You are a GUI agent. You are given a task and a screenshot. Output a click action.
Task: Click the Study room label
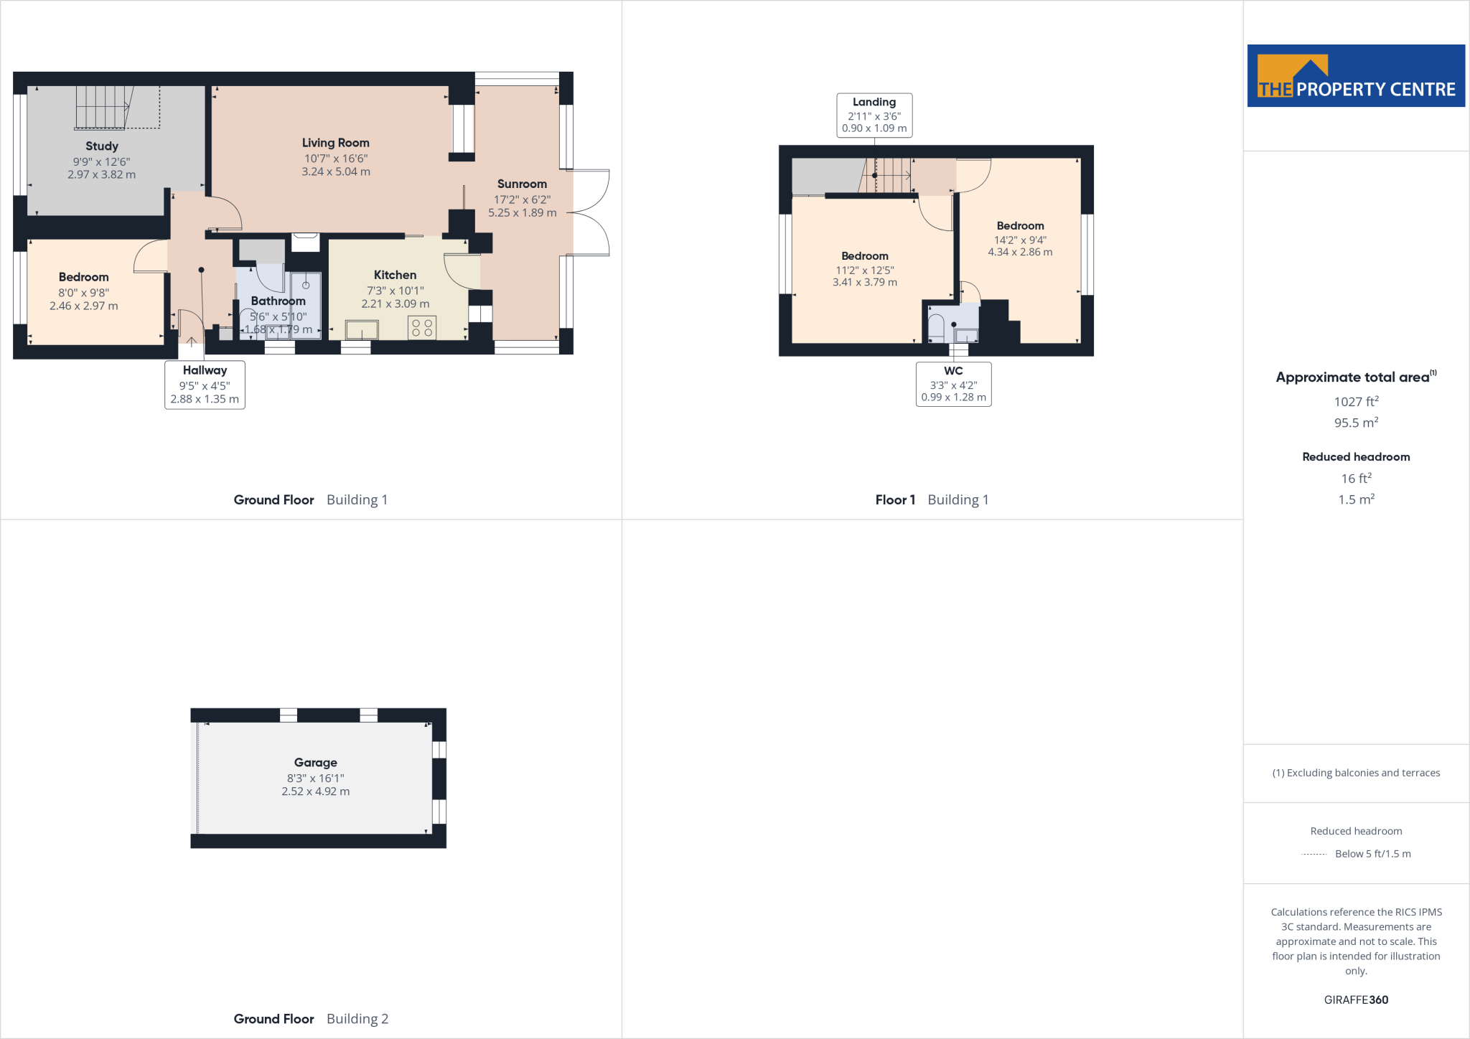[102, 146]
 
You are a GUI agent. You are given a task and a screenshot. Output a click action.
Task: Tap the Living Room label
[335, 143]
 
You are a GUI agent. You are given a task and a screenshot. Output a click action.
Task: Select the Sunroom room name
[522, 184]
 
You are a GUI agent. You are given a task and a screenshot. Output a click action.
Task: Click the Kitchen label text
[395, 275]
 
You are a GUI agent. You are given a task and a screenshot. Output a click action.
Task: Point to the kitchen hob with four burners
[422, 328]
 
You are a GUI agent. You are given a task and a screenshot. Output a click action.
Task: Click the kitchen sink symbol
[362, 330]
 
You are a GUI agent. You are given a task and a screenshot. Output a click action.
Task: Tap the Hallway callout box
[205, 385]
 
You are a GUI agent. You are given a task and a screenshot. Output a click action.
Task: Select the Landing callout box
[874, 115]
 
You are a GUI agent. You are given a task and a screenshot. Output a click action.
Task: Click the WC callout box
[953, 384]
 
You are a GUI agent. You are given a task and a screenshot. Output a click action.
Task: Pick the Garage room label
[315, 763]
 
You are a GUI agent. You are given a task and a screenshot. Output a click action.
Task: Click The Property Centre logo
[1356, 76]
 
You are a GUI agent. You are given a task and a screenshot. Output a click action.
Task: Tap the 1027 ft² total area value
[1356, 402]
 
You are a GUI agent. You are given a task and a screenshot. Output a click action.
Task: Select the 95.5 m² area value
[1356, 423]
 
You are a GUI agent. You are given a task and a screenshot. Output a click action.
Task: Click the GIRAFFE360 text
[1356, 1000]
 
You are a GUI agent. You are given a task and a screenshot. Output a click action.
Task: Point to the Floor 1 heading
[895, 500]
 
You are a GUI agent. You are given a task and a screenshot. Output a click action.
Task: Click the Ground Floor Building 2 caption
[311, 1019]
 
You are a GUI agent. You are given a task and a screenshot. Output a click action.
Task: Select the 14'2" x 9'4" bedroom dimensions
[1020, 240]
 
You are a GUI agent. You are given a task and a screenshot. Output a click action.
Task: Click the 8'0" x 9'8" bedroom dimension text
[83, 293]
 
